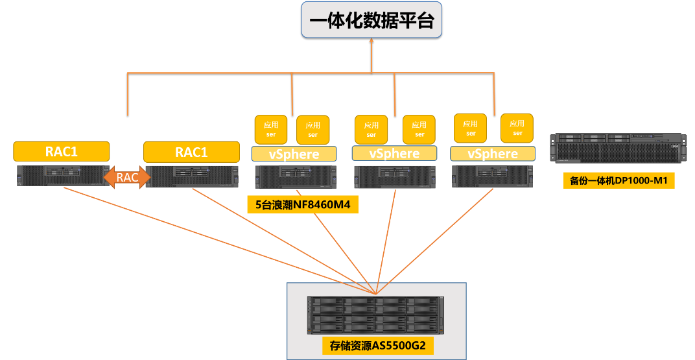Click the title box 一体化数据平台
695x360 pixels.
371,20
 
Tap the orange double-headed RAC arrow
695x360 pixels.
127,177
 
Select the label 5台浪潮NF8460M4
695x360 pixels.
303,205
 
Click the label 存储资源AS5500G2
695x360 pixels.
377,345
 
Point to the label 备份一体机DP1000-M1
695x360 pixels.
618,180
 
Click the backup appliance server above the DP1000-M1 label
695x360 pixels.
618,149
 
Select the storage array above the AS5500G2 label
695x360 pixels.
376,316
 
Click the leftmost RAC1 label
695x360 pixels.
62,152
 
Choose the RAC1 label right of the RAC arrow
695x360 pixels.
191,152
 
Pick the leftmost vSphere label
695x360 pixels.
294,154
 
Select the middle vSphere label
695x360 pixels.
394,154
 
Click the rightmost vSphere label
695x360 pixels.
493,154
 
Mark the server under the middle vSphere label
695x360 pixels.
395,177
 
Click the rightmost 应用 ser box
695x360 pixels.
517,128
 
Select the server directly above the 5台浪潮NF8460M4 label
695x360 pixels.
296,177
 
